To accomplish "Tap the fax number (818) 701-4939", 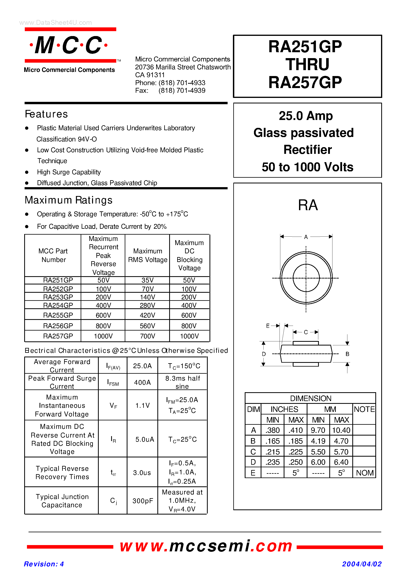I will [x=182, y=91].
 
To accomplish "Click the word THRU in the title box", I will [x=307, y=64].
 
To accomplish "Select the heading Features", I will [x=46, y=114].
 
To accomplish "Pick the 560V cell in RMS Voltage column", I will [x=147, y=326].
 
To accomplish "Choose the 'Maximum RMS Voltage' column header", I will [x=148, y=255].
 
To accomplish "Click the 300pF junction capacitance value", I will [x=143, y=501].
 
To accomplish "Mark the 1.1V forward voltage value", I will [x=142, y=405].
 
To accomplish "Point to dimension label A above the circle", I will [x=306, y=237].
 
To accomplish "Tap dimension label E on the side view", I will [x=268, y=326].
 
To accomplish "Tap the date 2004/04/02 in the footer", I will [x=362, y=564].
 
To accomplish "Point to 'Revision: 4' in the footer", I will [x=44, y=564].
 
